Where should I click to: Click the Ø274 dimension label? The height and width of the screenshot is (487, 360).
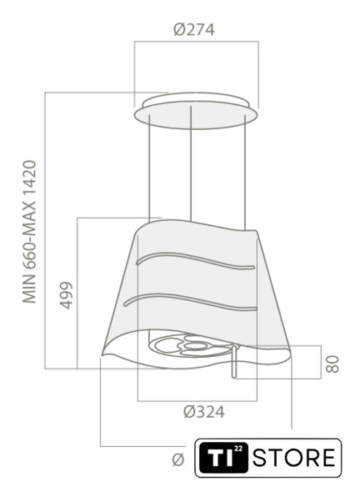click(194, 30)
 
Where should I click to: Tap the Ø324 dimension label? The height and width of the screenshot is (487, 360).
click(203, 412)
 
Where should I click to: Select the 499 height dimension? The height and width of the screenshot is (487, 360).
click(66, 295)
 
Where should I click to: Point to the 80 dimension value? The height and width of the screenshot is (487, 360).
click(332, 364)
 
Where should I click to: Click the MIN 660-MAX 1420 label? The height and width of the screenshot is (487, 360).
click(30, 232)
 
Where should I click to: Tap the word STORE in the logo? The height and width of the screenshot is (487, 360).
click(294, 458)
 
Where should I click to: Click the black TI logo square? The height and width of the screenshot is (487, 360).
click(223, 458)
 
